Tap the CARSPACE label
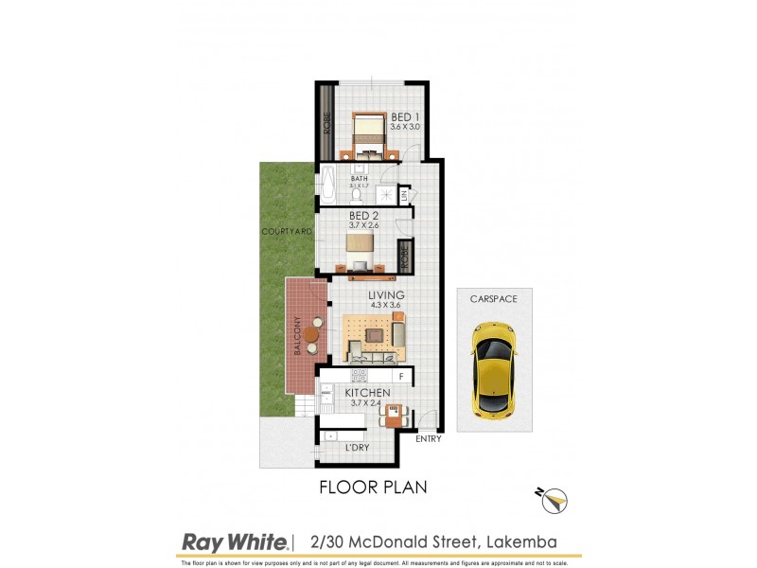point(494,298)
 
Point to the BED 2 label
point(364,216)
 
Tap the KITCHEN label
point(367,392)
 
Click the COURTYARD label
point(288,231)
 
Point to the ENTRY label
point(429,439)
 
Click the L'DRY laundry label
point(357,446)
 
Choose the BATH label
point(360,178)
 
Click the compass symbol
point(554,498)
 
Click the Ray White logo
point(234,542)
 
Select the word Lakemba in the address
point(520,541)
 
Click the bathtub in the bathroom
point(327,182)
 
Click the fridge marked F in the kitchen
point(400,377)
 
